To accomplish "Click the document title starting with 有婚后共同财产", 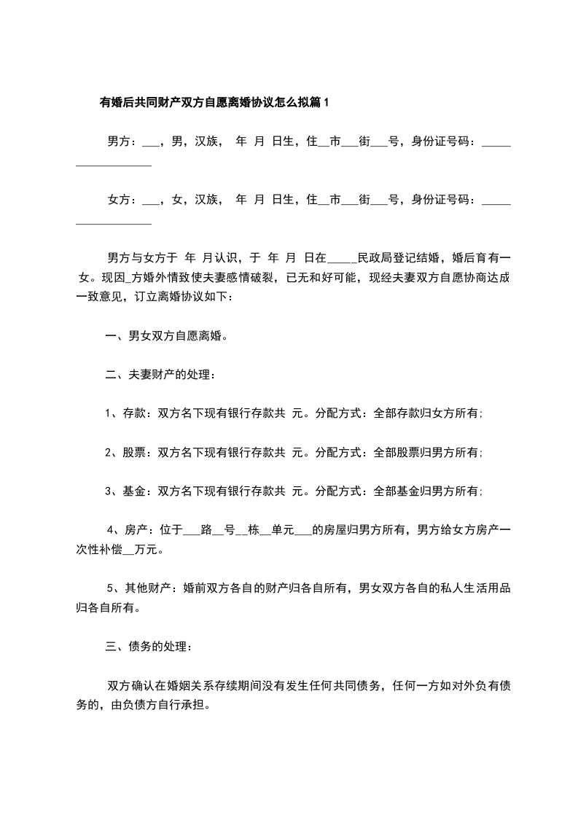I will (x=214, y=103).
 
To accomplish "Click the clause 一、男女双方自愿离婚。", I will (x=167, y=336).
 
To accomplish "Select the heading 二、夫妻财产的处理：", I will (x=161, y=375).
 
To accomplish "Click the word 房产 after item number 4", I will (x=138, y=530).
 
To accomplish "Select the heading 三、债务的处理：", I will (x=149, y=647).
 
